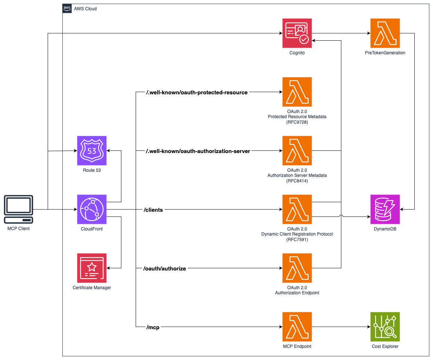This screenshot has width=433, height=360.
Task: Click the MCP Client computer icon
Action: coord(18,209)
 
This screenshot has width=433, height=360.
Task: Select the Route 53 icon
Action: coord(92,150)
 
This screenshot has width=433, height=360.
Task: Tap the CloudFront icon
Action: coord(92,209)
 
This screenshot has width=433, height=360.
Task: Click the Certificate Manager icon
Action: coord(92,268)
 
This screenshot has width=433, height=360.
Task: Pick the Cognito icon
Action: coord(297,33)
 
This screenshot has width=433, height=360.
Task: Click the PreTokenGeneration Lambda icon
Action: coord(385,33)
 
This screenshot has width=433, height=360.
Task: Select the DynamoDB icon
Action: coord(385,209)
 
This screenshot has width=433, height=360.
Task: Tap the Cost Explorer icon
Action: coord(385,327)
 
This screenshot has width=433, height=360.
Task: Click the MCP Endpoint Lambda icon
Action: coord(297,327)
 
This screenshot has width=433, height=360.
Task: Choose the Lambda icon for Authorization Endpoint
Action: coord(297,268)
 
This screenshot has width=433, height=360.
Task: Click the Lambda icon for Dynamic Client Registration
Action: coord(297,209)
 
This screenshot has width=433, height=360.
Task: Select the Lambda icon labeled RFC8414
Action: coord(297,150)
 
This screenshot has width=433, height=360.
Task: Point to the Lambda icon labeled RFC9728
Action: coord(297,92)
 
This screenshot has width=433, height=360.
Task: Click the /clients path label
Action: coord(153,210)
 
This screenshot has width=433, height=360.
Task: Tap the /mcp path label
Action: coord(153,327)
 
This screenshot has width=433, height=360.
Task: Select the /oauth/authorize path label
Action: coord(165,269)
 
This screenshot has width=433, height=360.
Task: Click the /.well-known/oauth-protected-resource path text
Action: coord(197,92)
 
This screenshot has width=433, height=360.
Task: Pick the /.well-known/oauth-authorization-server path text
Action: coord(198,151)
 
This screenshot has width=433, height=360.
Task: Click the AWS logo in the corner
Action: coord(67,8)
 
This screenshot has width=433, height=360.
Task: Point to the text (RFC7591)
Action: coord(297,240)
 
